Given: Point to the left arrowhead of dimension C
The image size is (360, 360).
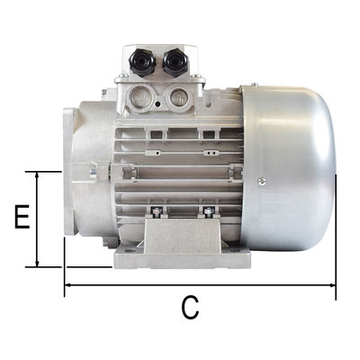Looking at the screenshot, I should tap(69, 287).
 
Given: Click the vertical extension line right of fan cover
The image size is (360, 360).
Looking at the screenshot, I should tap(335, 234).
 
